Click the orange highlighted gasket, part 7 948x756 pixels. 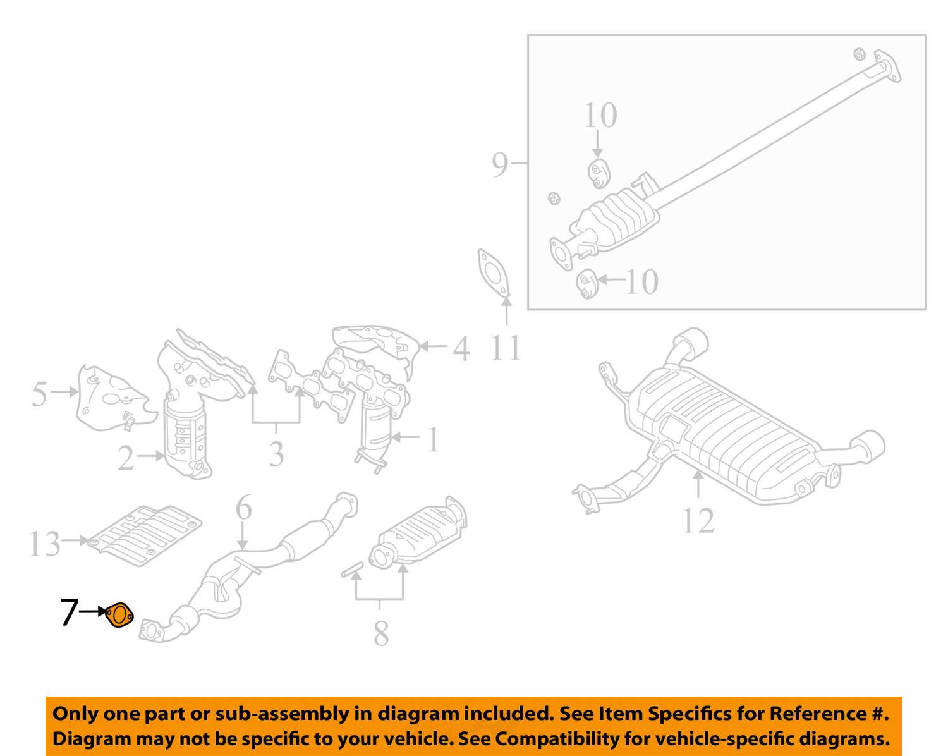click(119, 615)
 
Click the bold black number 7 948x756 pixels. click(69, 613)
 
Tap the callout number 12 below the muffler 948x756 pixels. click(698, 521)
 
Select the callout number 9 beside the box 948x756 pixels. click(500, 164)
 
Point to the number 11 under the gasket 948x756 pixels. click(506, 347)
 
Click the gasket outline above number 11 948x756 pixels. click(493, 272)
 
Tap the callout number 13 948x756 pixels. click(44, 544)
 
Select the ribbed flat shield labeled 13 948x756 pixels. click(146, 535)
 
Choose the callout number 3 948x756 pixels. click(276, 454)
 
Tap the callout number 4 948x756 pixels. click(461, 348)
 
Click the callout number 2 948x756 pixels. click(126, 458)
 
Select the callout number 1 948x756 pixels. click(433, 439)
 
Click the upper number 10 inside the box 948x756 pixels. click(600, 116)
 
